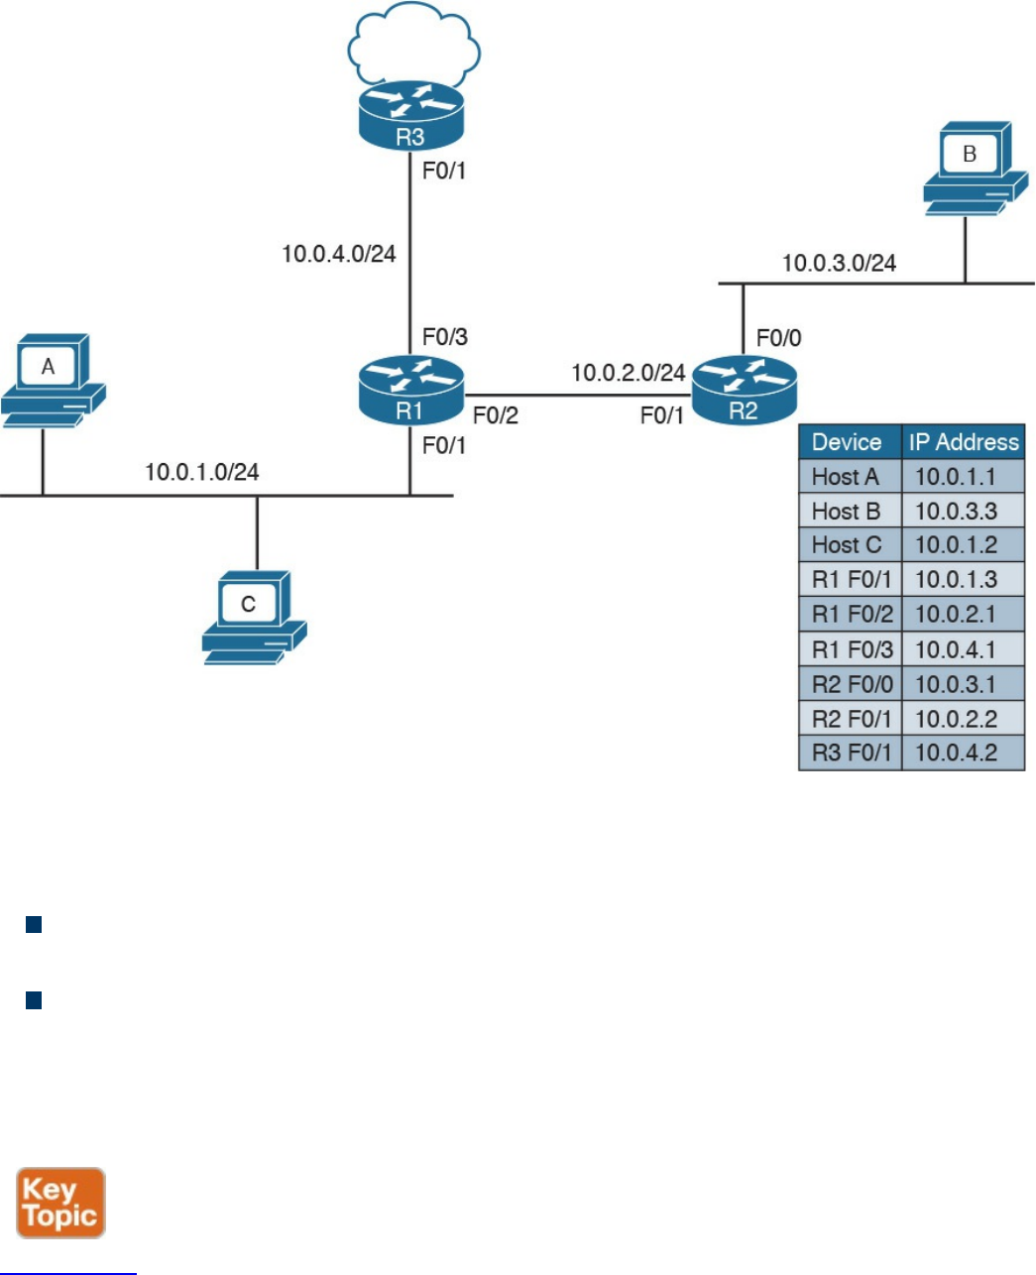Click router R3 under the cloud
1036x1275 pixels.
click(409, 117)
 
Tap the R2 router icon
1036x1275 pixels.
click(744, 391)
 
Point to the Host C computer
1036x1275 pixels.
click(254, 617)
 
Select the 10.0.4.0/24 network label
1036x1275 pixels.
click(339, 254)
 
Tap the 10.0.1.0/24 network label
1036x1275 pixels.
click(202, 472)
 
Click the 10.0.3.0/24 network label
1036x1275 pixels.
click(839, 263)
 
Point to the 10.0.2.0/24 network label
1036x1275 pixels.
click(629, 373)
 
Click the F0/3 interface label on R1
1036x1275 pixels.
click(444, 337)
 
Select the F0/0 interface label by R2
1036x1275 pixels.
click(778, 338)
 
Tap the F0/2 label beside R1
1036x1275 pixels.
click(495, 415)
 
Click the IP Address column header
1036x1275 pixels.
click(964, 442)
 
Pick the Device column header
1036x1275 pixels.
click(847, 442)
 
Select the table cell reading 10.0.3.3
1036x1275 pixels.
click(956, 511)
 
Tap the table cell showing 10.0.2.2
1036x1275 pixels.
click(956, 718)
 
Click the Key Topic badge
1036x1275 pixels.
click(60, 1203)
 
